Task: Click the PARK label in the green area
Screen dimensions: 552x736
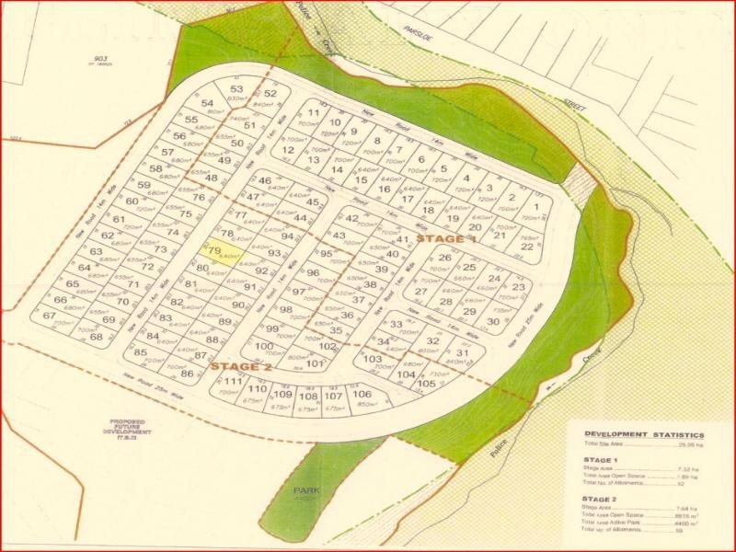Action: [305, 491]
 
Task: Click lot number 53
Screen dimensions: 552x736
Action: [236, 89]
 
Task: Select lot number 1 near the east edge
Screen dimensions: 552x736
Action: [536, 207]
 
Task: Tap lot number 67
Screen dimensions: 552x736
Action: [49, 316]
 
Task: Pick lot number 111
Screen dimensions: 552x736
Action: [233, 382]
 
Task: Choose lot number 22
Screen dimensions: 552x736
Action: [526, 246]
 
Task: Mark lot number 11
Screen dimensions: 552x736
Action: [314, 114]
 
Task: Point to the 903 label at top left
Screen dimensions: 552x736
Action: [100, 57]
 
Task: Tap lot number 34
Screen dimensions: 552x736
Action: [385, 341]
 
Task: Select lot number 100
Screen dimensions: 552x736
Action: [265, 347]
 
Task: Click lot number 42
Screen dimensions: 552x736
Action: [351, 218]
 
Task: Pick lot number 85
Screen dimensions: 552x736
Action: [141, 352]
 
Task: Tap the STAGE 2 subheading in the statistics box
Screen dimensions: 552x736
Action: [601, 497]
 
